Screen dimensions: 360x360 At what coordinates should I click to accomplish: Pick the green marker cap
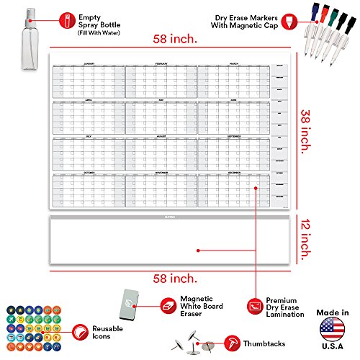[321, 12]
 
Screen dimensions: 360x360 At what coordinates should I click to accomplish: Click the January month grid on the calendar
[88, 80]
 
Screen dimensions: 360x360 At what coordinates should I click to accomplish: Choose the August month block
[160, 153]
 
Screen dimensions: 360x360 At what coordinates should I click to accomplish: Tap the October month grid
[88, 189]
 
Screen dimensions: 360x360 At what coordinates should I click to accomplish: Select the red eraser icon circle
[167, 305]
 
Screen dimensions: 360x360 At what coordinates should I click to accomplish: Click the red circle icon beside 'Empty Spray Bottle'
[66, 18]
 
